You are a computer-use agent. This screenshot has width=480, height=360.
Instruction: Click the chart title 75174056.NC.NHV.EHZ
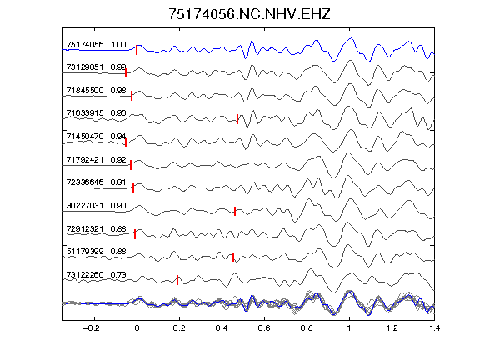click(x=249, y=14)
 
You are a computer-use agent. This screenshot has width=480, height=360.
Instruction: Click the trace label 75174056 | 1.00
click(x=96, y=45)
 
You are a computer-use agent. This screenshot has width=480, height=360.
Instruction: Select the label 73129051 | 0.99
click(x=96, y=67)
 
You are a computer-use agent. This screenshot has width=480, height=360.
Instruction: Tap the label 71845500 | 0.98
click(x=96, y=91)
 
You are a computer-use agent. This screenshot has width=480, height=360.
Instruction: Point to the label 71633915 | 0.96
click(x=96, y=113)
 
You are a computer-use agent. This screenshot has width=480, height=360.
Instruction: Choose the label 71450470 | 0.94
click(x=96, y=136)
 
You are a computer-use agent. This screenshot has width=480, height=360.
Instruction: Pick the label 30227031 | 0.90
click(x=96, y=205)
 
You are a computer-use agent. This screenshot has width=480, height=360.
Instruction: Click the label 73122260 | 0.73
click(x=96, y=275)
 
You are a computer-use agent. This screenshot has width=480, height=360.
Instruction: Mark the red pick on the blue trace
click(x=137, y=50)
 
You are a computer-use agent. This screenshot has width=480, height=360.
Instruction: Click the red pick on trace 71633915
click(x=237, y=119)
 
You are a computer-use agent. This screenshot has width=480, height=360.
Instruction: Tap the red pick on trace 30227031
click(x=235, y=211)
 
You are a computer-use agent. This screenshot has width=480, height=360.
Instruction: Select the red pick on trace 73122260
click(x=177, y=280)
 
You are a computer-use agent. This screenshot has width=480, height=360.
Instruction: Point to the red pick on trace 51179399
click(x=233, y=257)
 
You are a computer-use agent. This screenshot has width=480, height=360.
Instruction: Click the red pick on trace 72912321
click(x=135, y=234)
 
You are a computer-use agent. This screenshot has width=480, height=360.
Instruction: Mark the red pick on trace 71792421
click(x=131, y=165)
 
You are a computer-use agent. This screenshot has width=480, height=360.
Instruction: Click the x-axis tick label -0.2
click(x=91, y=328)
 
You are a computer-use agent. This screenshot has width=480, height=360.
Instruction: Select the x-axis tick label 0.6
click(x=264, y=328)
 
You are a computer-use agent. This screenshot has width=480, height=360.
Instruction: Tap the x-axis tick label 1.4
click(x=434, y=328)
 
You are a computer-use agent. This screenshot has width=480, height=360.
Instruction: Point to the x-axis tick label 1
click(x=349, y=328)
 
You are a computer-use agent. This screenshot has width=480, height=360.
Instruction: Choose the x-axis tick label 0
click(x=137, y=328)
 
